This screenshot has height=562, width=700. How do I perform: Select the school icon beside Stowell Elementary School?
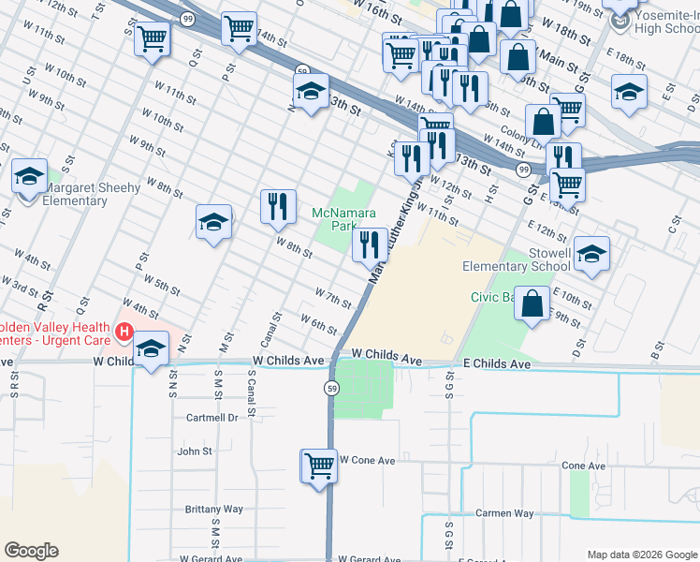[x=591, y=254]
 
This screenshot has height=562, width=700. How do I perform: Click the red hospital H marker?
[x=123, y=332]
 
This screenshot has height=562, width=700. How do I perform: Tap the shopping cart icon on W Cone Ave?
[x=319, y=465]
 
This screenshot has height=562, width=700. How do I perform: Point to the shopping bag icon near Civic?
[x=532, y=303]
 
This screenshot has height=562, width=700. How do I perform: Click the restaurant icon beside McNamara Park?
[x=371, y=244]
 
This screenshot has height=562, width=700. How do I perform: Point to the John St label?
[x=195, y=451]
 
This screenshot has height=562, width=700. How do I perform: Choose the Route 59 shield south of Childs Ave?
[x=331, y=388]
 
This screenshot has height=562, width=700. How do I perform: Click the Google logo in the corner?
[x=31, y=551]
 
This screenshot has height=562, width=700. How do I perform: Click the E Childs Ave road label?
[x=497, y=363]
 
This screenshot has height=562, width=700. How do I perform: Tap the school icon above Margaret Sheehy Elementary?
[x=29, y=175]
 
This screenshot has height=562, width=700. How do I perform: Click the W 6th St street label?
[x=318, y=323]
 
